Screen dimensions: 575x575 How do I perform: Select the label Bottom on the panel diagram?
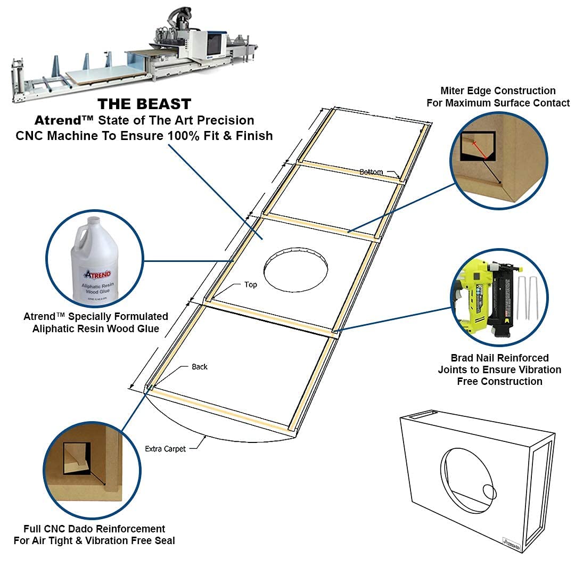(x=371, y=172)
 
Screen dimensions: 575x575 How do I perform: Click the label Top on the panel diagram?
(x=251, y=285)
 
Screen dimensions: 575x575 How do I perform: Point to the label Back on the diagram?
(x=200, y=367)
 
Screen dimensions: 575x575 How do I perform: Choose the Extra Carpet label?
(x=166, y=449)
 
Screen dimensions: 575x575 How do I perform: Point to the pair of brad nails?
(x=527, y=298)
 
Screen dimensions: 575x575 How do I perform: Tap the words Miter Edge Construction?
(x=498, y=91)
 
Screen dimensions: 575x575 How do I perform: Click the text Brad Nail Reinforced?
(x=499, y=358)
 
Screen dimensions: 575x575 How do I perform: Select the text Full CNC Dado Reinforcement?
(x=94, y=529)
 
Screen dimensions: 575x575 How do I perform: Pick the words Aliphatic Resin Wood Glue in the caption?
(x=96, y=328)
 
